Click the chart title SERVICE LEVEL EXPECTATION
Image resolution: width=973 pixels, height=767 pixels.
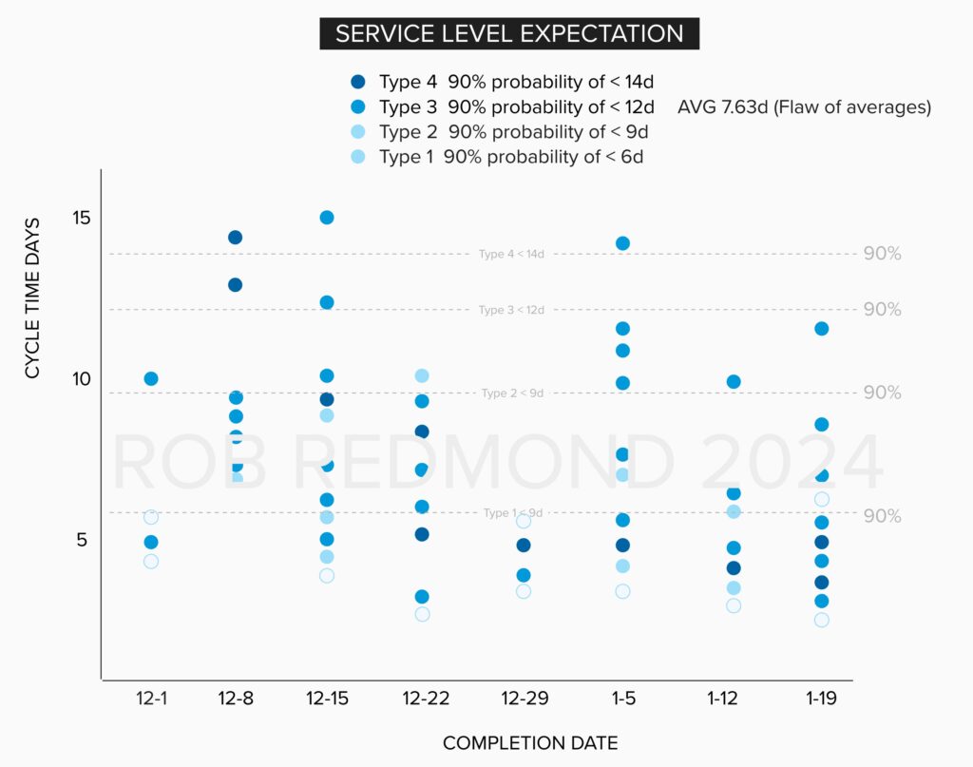(x=509, y=34)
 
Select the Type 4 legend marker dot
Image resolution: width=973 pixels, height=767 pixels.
(x=357, y=82)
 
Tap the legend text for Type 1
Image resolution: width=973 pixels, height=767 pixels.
(x=511, y=157)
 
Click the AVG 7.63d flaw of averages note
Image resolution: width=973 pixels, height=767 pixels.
(x=804, y=107)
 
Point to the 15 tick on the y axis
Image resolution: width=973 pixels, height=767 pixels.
(x=81, y=218)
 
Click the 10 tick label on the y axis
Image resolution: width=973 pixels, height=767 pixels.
(x=81, y=379)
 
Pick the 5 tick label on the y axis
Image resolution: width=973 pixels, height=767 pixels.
(x=81, y=540)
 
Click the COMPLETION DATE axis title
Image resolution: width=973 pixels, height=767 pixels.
(x=531, y=742)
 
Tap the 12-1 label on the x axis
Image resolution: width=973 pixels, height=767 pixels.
(x=151, y=699)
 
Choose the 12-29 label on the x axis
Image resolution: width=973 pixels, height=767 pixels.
(x=524, y=699)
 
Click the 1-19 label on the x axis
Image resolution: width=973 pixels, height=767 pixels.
(x=821, y=699)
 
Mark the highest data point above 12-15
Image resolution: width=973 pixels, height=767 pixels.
(x=327, y=218)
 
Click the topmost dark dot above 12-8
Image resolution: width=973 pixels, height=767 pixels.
(x=235, y=238)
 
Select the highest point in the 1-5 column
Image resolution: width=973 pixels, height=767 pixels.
(x=622, y=243)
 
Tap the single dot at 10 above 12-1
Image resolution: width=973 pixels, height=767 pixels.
(x=151, y=379)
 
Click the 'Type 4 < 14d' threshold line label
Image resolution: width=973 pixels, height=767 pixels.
(x=511, y=255)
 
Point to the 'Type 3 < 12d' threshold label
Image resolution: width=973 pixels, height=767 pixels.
(x=511, y=311)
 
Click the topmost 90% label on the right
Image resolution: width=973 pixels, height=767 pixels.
(x=882, y=254)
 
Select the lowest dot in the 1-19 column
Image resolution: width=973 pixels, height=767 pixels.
(x=821, y=620)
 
